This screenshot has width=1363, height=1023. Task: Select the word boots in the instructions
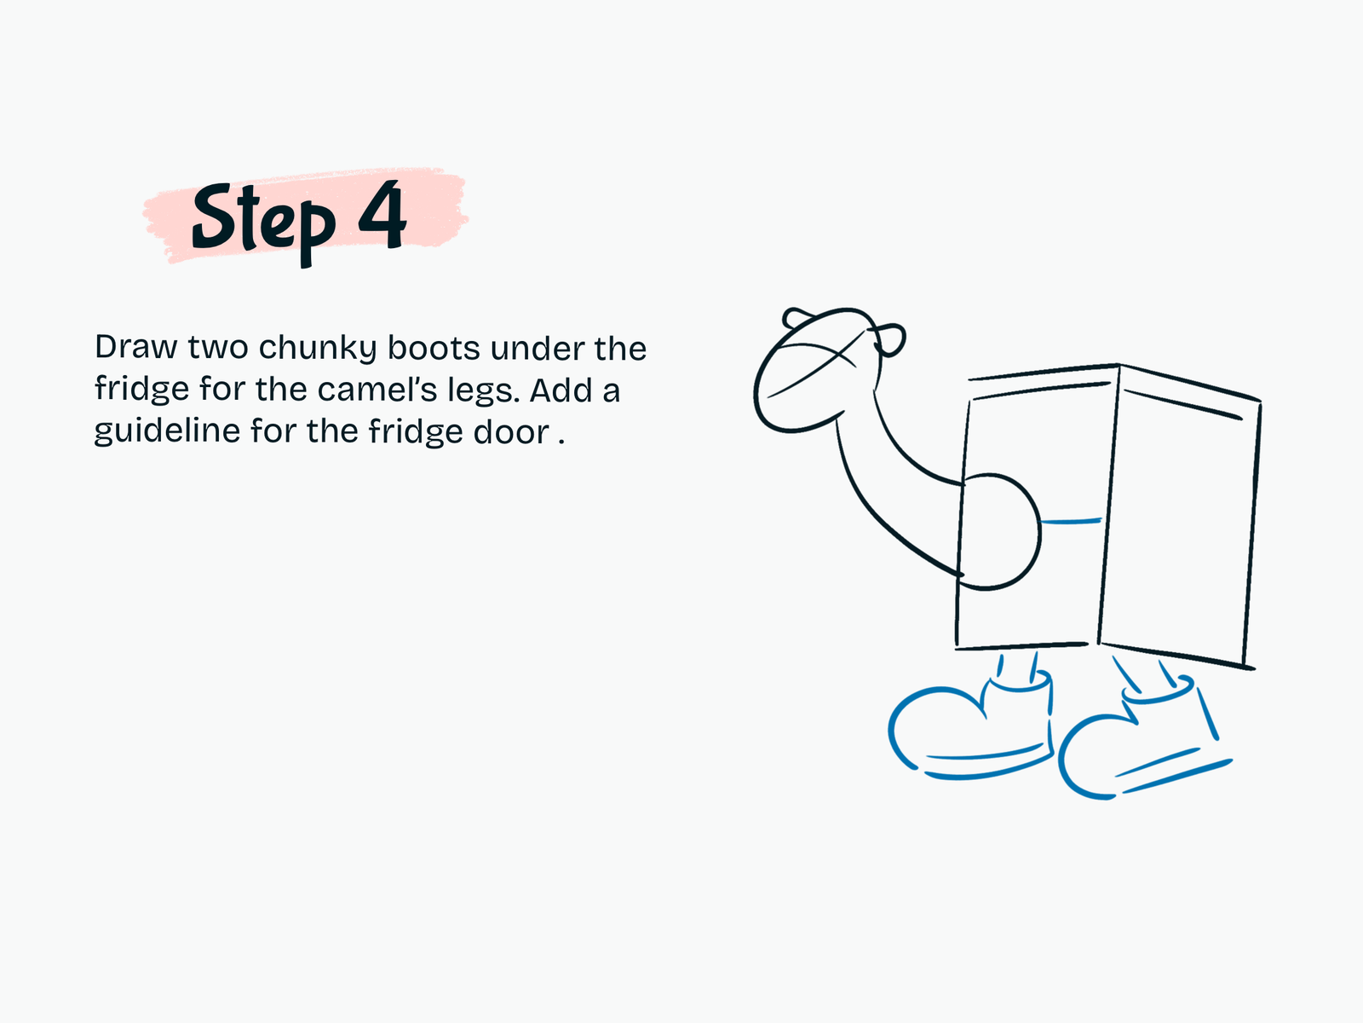[x=434, y=348]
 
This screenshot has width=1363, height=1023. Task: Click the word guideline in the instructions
[x=167, y=431]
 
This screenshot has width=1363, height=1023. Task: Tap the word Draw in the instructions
[x=136, y=347]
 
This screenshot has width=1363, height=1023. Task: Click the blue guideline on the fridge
[x=1071, y=522]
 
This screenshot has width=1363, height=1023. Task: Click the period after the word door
[x=561, y=442]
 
